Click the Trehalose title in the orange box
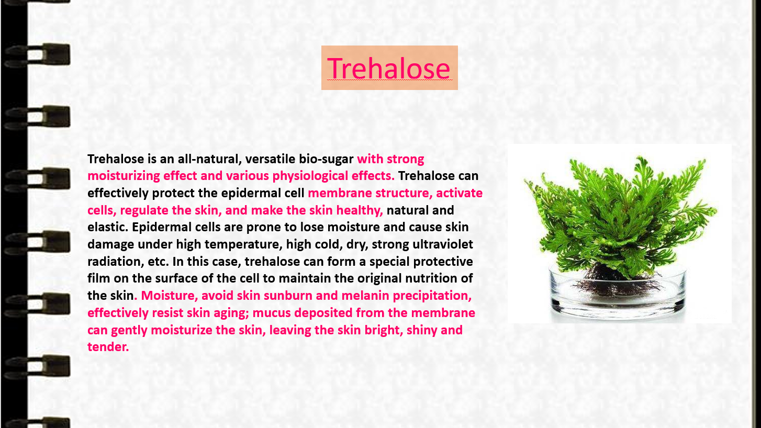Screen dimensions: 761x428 pos(389,68)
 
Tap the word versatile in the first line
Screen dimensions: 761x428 pos(270,159)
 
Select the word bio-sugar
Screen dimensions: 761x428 pos(326,159)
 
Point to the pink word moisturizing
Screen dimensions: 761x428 pos(124,176)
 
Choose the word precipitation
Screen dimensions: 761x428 pos(432,296)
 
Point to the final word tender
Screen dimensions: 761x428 pos(108,347)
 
